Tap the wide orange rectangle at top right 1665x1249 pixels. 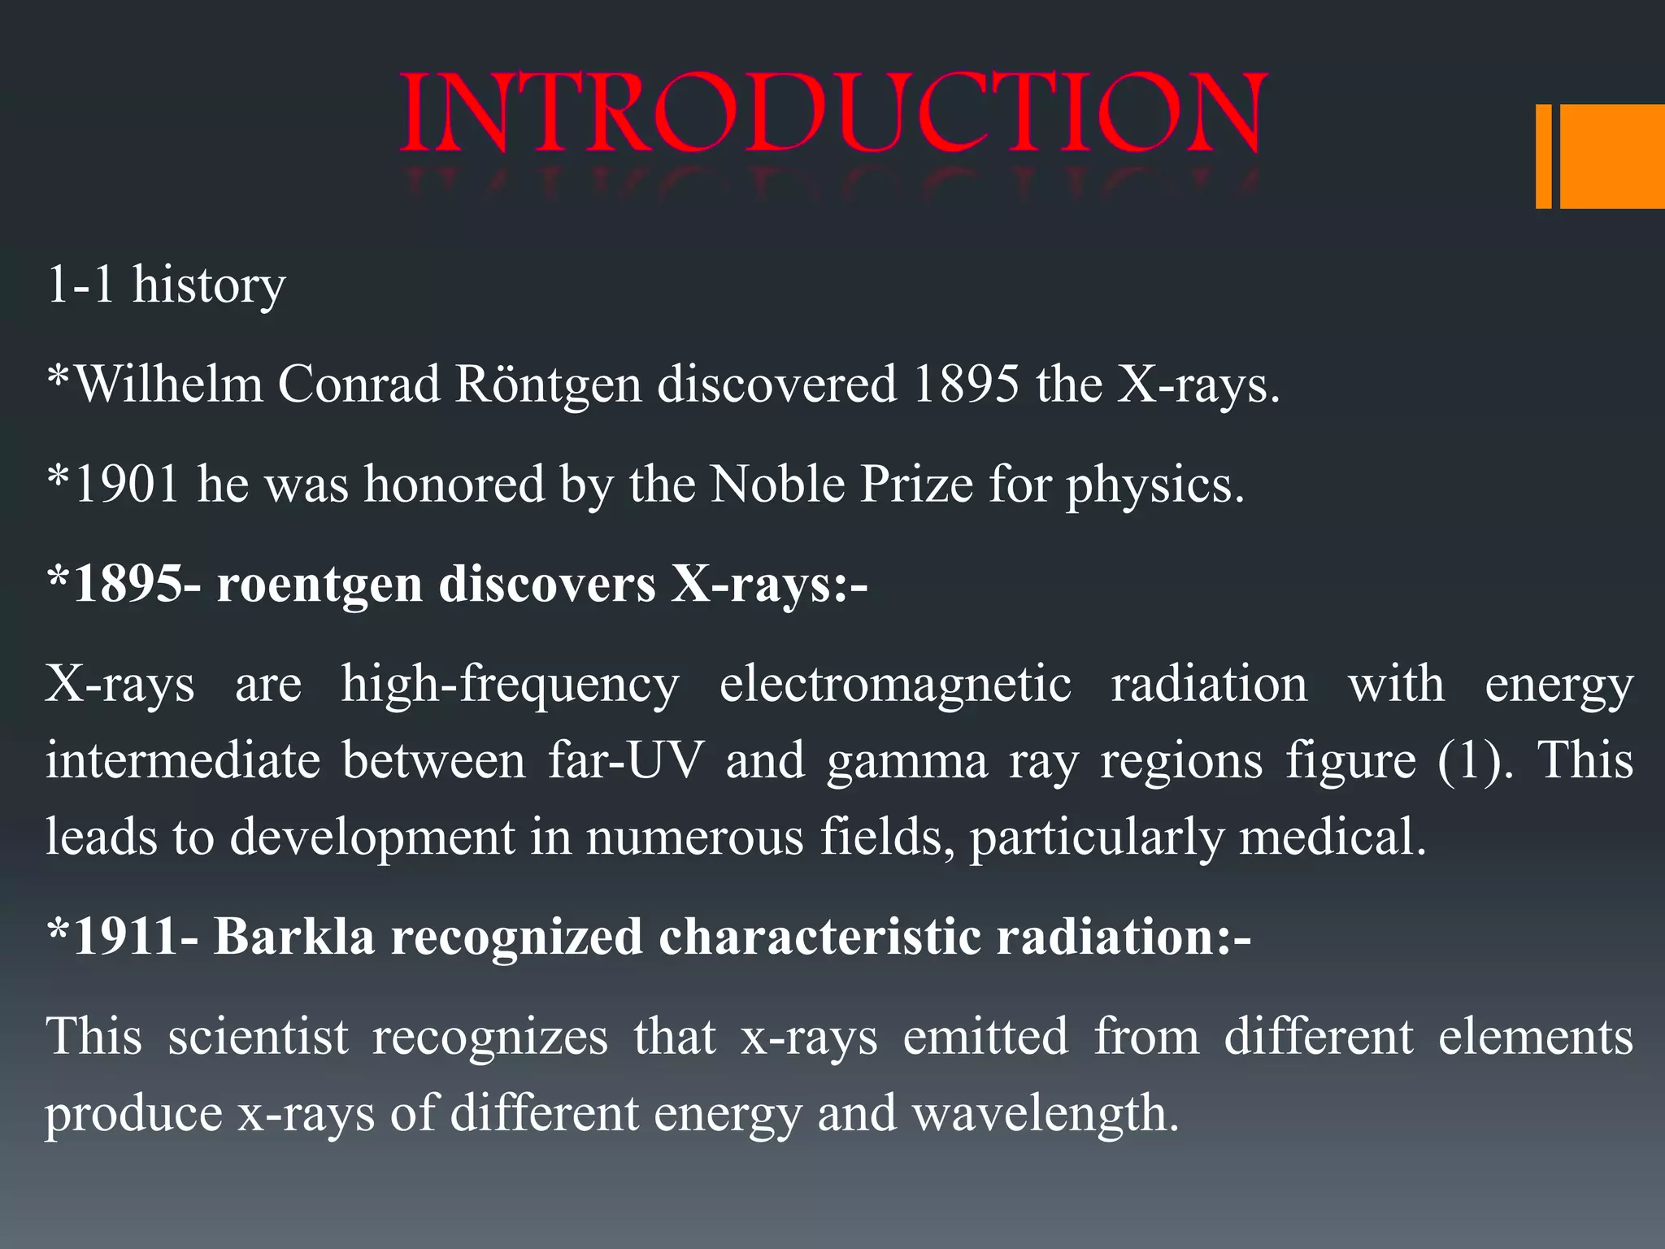[1611, 156]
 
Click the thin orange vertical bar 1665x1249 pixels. [1543, 156]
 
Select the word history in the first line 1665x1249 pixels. [209, 286]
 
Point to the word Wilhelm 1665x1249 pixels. [168, 384]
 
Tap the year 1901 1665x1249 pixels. [127, 485]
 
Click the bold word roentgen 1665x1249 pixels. [319, 585]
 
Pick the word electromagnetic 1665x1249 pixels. [895, 685]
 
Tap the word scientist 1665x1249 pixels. [259, 1038]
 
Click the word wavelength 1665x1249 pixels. [1045, 1114]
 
